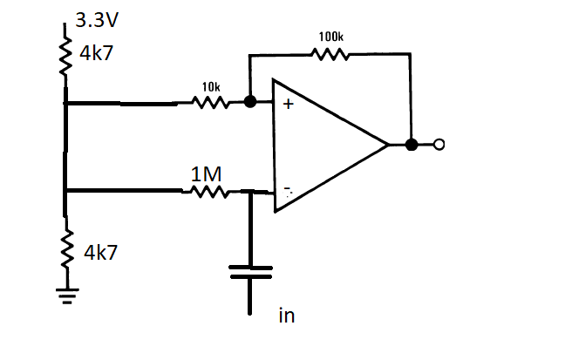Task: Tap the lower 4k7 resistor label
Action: click(x=100, y=254)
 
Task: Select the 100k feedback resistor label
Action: click(x=330, y=37)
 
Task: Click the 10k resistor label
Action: click(x=210, y=87)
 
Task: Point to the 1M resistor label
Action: click(x=206, y=174)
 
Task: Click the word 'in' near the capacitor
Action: click(x=286, y=316)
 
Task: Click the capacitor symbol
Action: click(x=250, y=273)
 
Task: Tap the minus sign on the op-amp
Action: click(x=286, y=189)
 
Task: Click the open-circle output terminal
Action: click(x=439, y=145)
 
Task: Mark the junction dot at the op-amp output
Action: click(x=412, y=145)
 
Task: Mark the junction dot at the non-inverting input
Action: click(x=250, y=103)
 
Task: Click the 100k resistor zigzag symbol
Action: click(x=330, y=54)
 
